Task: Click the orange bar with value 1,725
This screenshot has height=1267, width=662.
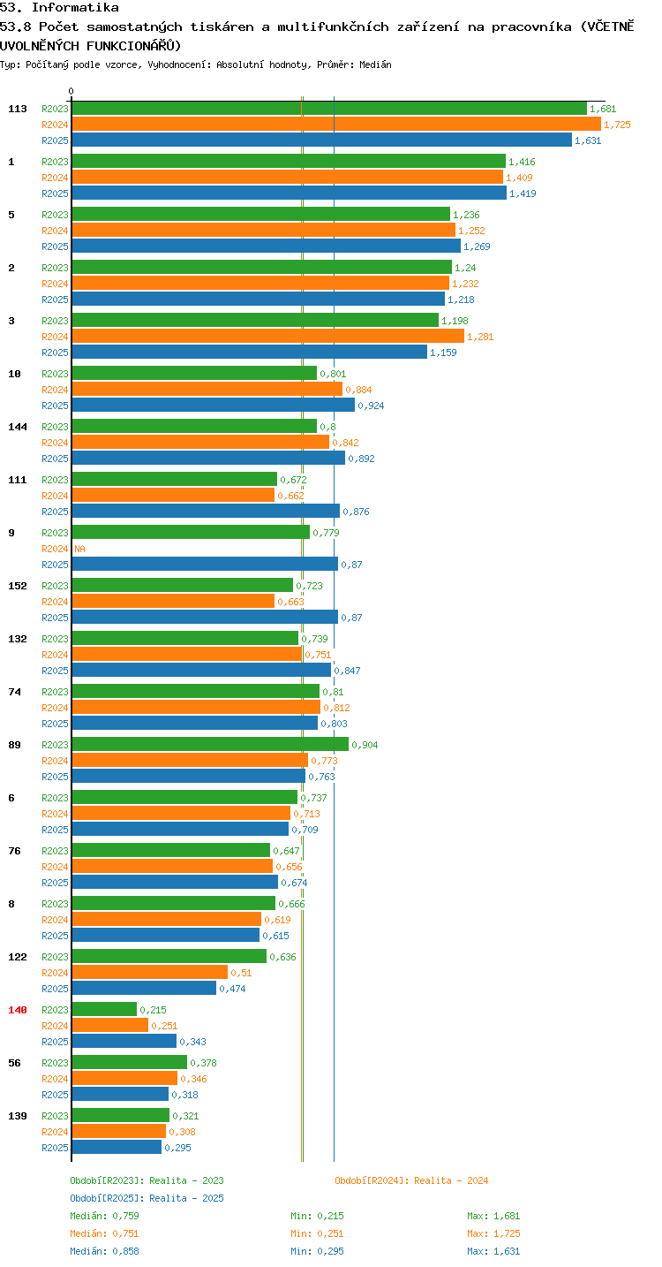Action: point(336,125)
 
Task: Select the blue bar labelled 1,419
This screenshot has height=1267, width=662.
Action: point(290,193)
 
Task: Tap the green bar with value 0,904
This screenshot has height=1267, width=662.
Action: point(210,745)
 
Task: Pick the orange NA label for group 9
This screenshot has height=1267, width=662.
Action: point(79,549)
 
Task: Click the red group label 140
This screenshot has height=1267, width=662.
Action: point(18,1010)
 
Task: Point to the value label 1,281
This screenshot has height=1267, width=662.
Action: point(480,337)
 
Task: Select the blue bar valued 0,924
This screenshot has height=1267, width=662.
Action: point(213,406)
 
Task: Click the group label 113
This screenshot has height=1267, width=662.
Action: point(18,109)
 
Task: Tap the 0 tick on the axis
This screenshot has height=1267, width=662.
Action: point(71,91)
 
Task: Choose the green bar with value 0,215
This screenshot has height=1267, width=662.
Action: point(104,1010)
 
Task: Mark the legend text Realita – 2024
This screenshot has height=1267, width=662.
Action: point(451,1181)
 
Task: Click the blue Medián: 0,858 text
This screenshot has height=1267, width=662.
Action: point(104,1252)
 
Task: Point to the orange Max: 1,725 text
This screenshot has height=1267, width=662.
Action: point(493,1234)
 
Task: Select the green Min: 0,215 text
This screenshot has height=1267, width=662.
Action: point(317,1216)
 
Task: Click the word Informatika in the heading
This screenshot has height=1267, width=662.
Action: point(75,7)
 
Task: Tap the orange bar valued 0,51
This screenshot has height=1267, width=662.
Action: point(150,973)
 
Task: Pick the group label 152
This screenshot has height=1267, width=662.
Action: point(18,586)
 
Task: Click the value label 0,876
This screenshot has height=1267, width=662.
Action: point(357,512)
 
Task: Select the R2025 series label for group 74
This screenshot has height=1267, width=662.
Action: point(55,724)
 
